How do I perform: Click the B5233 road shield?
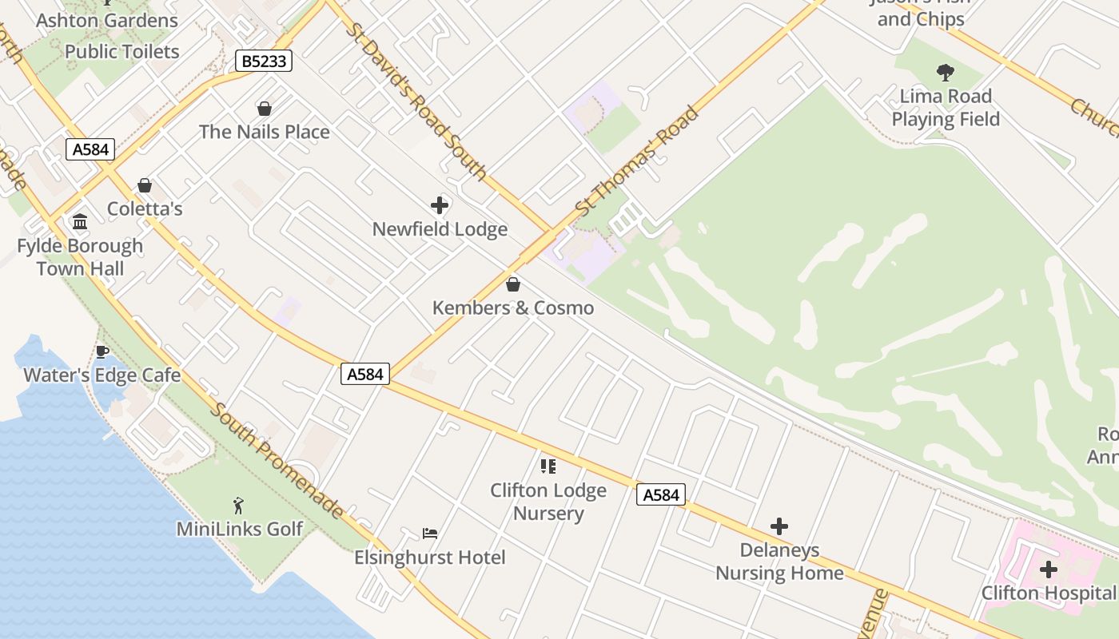coord(264,61)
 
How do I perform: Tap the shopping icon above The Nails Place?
coord(264,108)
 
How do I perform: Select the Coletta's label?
coord(145,209)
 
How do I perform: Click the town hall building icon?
coord(80,221)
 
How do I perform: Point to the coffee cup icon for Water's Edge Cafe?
coord(102,351)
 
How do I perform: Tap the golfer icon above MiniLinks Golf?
coord(238,505)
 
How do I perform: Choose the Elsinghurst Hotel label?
coord(430,558)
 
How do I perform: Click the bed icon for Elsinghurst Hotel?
coord(430,533)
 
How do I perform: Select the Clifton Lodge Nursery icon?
coord(548,466)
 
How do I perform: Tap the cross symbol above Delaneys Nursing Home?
coord(779,526)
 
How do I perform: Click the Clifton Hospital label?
coord(1048,593)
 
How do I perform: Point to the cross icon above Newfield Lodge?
coord(440,205)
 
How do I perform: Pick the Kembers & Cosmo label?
coord(513,308)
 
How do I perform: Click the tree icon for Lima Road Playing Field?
coord(946,73)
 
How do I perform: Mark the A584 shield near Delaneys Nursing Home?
coord(661,495)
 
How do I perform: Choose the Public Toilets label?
coord(122,52)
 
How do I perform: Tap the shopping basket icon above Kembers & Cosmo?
coord(513,284)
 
